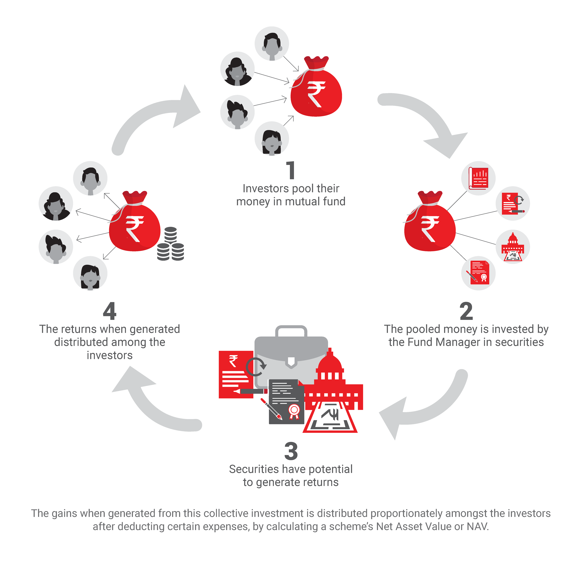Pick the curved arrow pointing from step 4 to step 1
(x=154, y=116)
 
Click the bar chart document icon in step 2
(x=478, y=178)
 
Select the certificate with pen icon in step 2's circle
(x=478, y=273)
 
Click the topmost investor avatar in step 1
(x=272, y=44)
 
